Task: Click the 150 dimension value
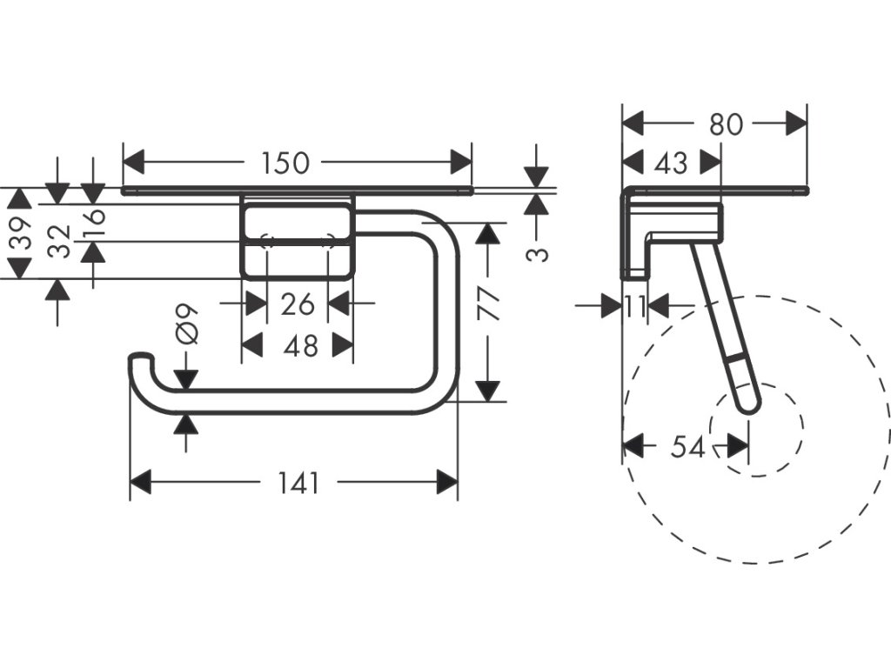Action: click(x=285, y=163)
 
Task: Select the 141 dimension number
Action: click(x=298, y=482)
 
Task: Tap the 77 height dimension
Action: click(x=490, y=304)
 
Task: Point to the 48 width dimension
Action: click(x=300, y=346)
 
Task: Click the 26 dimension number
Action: click(x=298, y=304)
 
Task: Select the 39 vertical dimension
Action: click(x=21, y=233)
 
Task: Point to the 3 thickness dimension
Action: click(x=539, y=253)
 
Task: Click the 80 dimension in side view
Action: click(x=726, y=124)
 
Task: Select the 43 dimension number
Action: click(x=670, y=163)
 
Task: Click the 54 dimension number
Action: click(x=687, y=447)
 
